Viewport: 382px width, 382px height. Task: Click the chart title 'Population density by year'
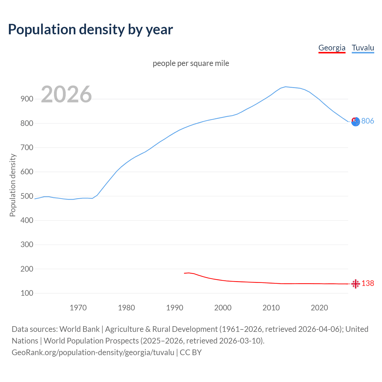(x=90, y=29)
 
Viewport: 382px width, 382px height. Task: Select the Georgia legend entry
(x=332, y=48)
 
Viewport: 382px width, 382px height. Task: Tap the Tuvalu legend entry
(x=363, y=48)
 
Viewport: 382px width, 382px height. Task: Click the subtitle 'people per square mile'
(x=191, y=63)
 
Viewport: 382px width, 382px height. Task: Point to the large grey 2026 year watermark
(x=66, y=94)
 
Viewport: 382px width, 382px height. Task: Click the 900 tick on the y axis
(x=27, y=99)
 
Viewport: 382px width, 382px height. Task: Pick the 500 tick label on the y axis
(x=27, y=196)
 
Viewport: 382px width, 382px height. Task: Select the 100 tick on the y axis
(x=27, y=293)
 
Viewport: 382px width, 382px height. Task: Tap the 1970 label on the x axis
(x=78, y=308)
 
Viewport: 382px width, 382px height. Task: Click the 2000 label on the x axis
(x=223, y=308)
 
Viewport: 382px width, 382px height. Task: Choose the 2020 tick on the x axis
(x=319, y=308)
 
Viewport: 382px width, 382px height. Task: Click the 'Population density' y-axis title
(x=13, y=185)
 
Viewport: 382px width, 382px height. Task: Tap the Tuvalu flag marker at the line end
(x=355, y=121)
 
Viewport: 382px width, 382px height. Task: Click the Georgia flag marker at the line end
(x=355, y=284)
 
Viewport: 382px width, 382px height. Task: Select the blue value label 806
(x=368, y=121)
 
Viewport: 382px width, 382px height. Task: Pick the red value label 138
(x=368, y=283)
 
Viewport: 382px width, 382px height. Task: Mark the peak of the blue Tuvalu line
(x=286, y=87)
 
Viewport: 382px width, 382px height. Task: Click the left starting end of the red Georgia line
(x=185, y=273)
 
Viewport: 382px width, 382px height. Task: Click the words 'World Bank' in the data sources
(x=79, y=329)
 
